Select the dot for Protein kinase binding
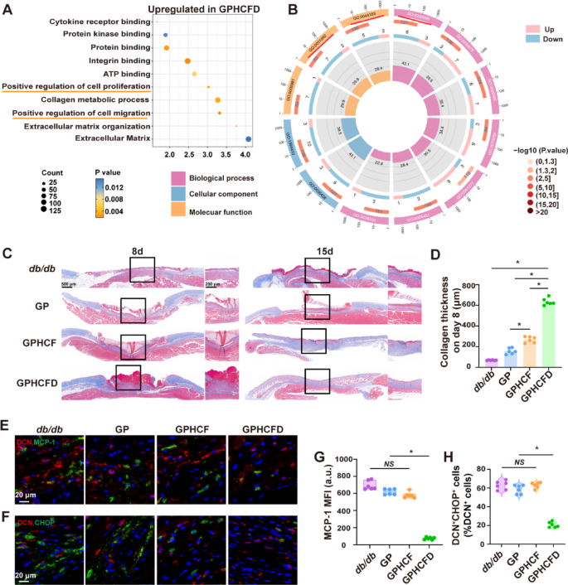pyautogui.click(x=166, y=35)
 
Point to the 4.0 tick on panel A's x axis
pyautogui.click(x=245, y=155)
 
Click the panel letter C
pyautogui.click(x=7, y=253)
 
